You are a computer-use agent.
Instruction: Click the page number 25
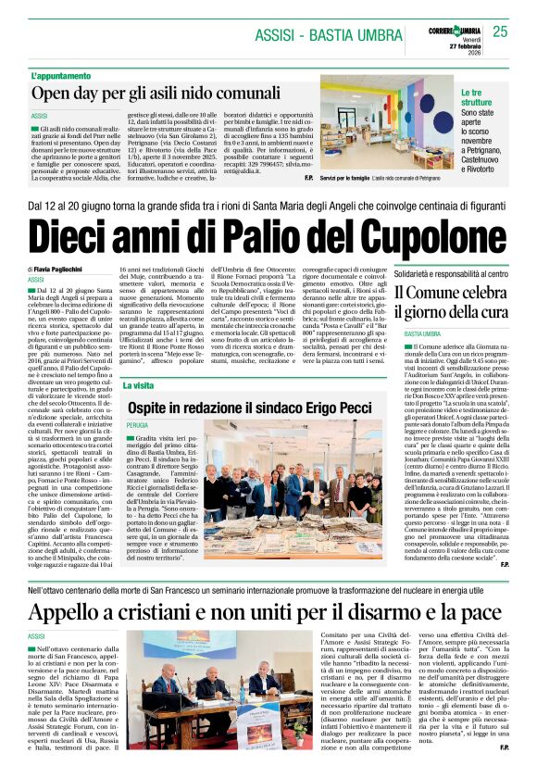pos(501,32)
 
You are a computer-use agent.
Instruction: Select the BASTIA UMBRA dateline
pos(421,333)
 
